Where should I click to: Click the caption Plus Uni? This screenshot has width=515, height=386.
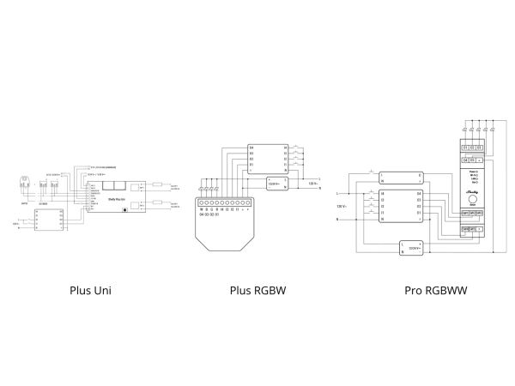[91, 290]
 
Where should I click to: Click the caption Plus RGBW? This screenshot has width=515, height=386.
[257, 290]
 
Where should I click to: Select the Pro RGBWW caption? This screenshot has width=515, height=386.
[435, 290]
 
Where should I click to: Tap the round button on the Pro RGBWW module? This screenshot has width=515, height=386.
[472, 200]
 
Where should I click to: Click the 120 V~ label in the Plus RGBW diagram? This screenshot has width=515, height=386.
[314, 183]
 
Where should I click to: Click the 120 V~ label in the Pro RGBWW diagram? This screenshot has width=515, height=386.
[341, 207]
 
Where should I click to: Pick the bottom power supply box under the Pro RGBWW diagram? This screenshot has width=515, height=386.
[411, 248]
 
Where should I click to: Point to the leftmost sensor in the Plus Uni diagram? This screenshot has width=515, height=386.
[24, 183]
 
